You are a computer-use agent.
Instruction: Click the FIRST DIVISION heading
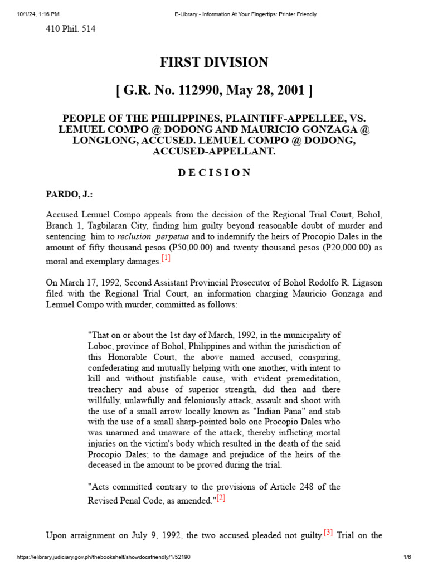pos(214,62)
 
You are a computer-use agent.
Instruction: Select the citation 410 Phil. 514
pos(70,29)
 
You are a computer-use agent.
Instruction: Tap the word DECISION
pos(214,173)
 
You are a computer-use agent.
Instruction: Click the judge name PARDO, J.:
pos(70,195)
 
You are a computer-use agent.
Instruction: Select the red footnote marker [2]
pos(221,498)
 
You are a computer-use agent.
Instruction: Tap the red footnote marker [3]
pos(328,533)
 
